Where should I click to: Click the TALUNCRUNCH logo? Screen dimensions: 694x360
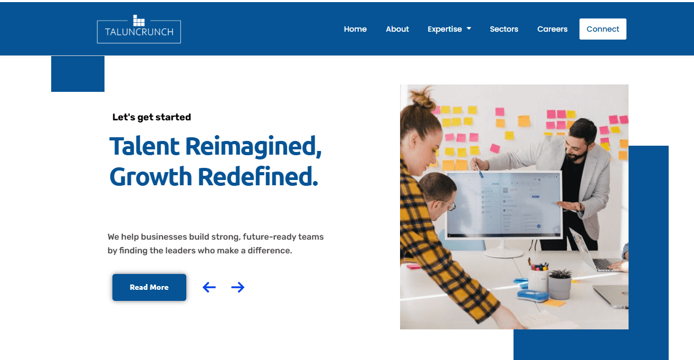(x=139, y=29)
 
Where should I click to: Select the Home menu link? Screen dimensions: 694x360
(x=355, y=29)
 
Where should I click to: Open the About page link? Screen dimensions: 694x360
(x=397, y=29)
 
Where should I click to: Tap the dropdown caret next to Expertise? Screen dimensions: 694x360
(x=469, y=29)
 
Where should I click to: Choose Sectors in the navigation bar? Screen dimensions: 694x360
(x=504, y=29)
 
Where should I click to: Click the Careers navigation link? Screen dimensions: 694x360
(x=552, y=29)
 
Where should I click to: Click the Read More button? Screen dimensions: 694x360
(x=149, y=287)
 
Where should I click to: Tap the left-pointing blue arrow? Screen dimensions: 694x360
(x=209, y=287)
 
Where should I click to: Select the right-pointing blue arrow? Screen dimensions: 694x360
(x=237, y=287)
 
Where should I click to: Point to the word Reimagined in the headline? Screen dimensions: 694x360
(x=253, y=147)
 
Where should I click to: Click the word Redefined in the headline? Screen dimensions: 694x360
(x=258, y=176)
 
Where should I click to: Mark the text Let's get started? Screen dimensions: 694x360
(x=151, y=117)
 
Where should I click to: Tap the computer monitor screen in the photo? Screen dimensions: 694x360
(x=503, y=204)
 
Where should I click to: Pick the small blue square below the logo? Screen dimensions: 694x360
(x=78, y=74)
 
